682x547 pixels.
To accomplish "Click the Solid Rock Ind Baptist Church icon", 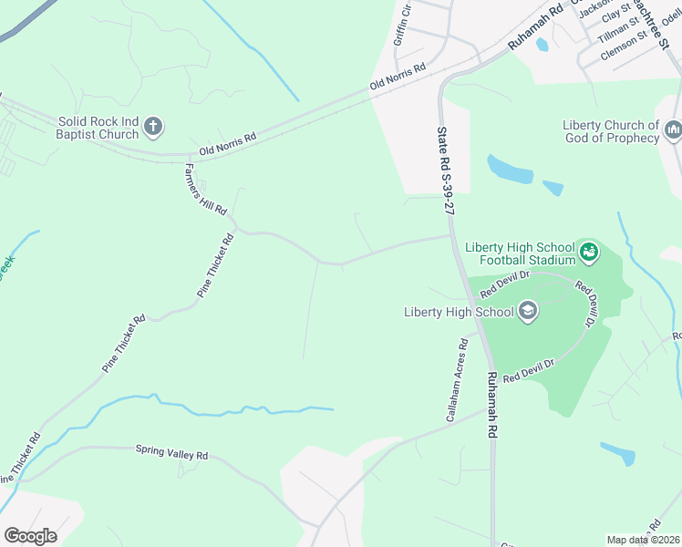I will [153, 127].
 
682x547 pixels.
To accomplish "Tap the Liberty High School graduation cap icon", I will [527, 312].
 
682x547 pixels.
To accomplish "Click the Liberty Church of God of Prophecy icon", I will [674, 131].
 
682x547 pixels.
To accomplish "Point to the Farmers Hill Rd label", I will [205, 190].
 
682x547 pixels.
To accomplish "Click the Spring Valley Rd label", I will [171, 451].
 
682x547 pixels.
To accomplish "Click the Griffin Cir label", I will [402, 26].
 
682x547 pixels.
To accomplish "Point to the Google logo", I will [30, 536].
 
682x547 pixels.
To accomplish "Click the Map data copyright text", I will [644, 540].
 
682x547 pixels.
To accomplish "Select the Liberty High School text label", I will [459, 313].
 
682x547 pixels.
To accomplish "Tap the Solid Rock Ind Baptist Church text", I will [98, 128].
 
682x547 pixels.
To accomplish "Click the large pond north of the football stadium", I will [510, 169].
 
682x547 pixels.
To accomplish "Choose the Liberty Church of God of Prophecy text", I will [610, 131].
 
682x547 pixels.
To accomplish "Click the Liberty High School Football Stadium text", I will [520, 253].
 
